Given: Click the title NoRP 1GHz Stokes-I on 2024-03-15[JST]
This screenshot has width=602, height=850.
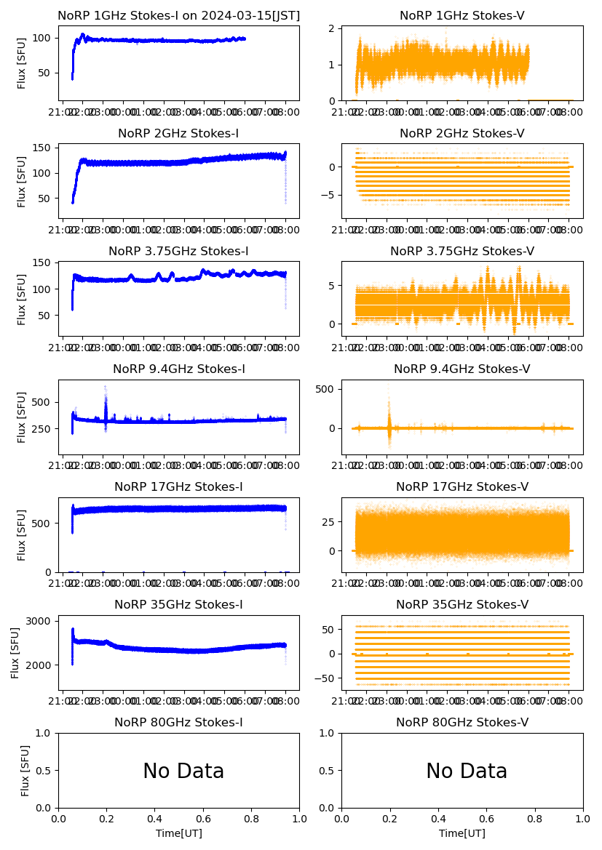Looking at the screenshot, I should (x=178, y=16).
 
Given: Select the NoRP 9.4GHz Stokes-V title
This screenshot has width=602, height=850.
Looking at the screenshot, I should (x=462, y=369).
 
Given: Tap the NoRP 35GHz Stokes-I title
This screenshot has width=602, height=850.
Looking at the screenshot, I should (x=178, y=605).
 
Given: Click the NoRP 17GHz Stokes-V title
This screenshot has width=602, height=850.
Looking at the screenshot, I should (x=462, y=487).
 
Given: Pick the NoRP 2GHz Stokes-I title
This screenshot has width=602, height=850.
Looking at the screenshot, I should (x=178, y=134).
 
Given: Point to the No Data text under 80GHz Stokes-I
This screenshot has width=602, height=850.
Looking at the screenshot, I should (x=183, y=771).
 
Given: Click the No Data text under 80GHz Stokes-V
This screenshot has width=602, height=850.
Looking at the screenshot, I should (x=467, y=771).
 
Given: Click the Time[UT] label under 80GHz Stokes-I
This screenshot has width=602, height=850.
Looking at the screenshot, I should (x=179, y=833).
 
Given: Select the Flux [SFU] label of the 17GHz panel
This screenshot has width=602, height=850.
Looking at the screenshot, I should (x=23, y=534).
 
